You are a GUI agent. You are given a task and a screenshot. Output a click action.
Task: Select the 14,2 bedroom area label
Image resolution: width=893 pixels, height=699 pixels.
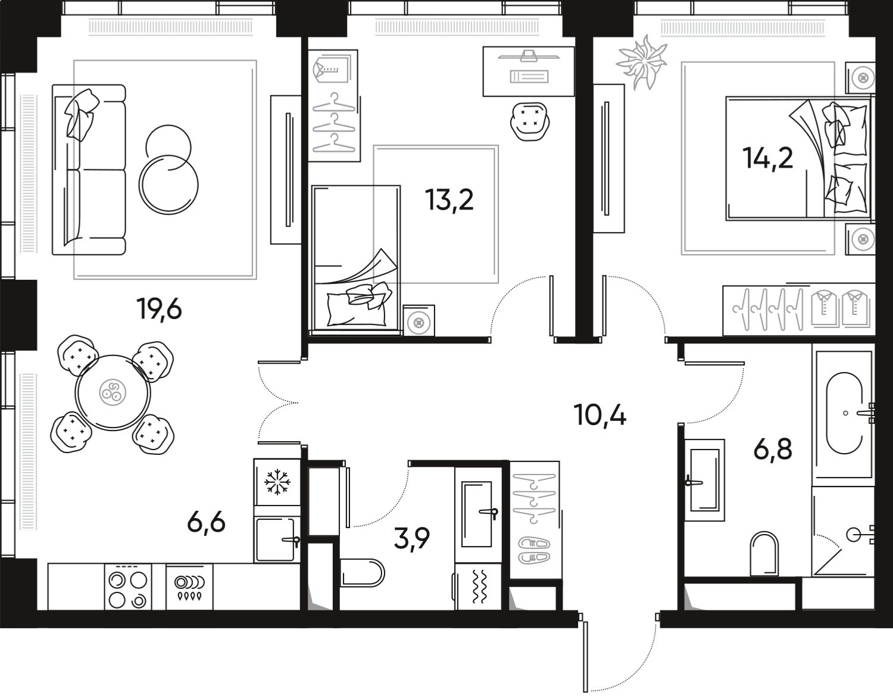(767, 158)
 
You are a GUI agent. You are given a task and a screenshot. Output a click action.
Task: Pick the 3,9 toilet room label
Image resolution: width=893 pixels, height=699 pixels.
(411, 539)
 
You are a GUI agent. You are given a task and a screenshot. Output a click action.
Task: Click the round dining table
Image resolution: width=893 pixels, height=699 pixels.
(113, 393)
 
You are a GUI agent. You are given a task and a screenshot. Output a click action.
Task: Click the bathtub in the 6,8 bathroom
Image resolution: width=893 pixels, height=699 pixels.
(844, 412)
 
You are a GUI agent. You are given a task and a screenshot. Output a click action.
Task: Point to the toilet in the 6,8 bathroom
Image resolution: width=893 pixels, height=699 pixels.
(764, 553)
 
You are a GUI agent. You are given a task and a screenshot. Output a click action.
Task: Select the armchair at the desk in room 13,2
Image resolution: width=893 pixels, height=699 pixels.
(529, 120)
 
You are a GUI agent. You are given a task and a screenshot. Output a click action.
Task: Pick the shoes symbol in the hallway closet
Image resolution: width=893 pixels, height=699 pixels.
(535, 551)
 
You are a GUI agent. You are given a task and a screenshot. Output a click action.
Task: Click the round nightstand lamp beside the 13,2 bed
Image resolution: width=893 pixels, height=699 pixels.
(419, 323)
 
